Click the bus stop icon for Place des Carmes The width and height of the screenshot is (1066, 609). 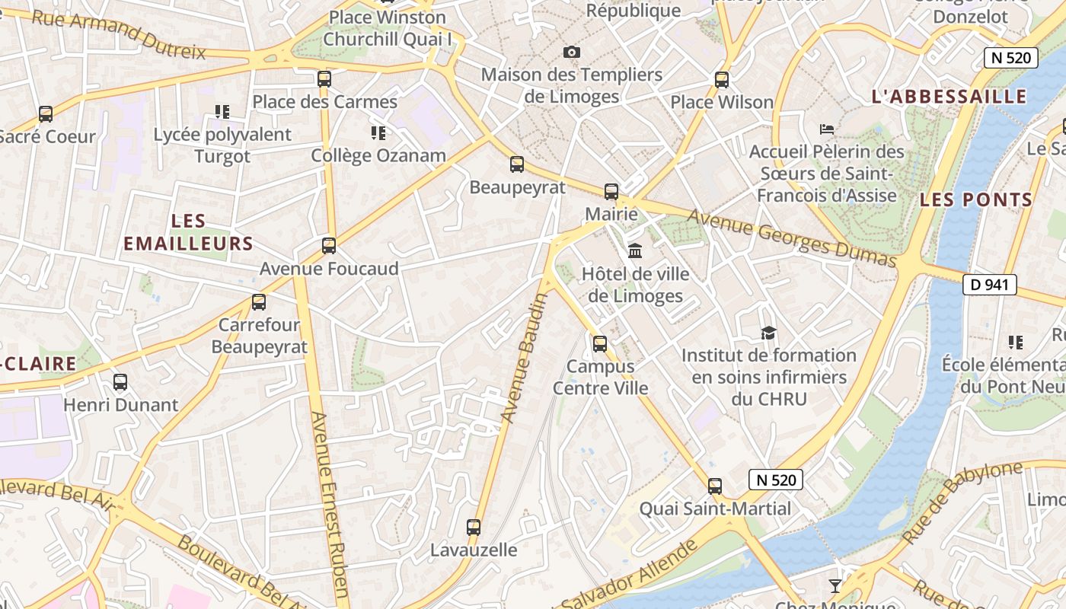click(324, 78)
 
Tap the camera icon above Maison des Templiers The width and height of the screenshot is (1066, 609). click(572, 52)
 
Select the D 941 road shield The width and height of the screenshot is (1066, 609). click(990, 285)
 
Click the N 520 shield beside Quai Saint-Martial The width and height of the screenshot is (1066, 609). click(777, 480)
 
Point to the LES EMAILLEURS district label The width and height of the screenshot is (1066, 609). click(188, 232)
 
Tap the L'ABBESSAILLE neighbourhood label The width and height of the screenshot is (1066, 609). click(949, 97)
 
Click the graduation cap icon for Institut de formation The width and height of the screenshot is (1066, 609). click(768, 333)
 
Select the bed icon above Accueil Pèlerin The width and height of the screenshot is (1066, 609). click(827, 129)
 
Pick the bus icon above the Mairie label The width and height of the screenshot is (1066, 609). click(611, 191)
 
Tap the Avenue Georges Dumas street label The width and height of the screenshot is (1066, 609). click(792, 238)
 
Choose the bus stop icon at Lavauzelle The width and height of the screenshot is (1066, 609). click(474, 527)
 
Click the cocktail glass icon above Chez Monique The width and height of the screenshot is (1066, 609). click(835, 585)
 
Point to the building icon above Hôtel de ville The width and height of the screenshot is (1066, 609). click(635, 250)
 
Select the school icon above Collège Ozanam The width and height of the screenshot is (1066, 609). click(378, 133)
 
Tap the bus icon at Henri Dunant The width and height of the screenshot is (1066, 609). click(120, 382)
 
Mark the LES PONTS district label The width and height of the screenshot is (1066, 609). click(976, 200)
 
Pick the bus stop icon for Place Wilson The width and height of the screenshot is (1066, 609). click(721, 79)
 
